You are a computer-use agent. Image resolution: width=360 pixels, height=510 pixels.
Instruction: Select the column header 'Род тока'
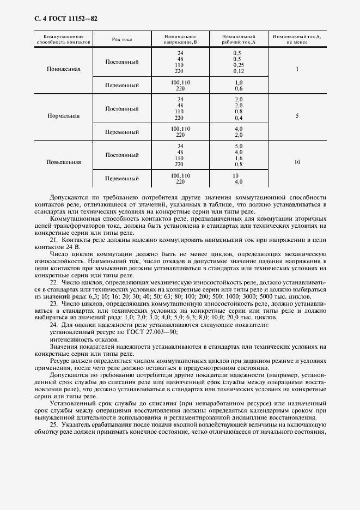click(x=122, y=39)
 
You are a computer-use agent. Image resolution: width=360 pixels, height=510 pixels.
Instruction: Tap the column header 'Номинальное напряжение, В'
click(x=180, y=39)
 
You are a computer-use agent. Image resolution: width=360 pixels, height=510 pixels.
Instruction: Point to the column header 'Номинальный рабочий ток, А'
click(x=239, y=39)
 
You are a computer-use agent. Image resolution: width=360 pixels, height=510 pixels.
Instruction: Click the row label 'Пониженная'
click(x=64, y=70)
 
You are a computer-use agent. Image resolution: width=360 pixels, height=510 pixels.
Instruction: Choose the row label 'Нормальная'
click(x=64, y=116)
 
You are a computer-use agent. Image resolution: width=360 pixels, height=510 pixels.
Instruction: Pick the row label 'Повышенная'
click(x=64, y=162)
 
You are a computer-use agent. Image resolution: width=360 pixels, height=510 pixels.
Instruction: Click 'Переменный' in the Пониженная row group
click(x=122, y=86)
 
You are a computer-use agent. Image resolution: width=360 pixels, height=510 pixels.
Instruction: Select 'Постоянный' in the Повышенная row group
click(x=122, y=155)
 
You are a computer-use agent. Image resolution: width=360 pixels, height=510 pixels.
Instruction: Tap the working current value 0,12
click(x=238, y=71)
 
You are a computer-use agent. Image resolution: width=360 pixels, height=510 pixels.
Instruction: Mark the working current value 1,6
click(x=238, y=158)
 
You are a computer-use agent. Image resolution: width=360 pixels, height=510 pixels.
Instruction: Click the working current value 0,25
click(x=238, y=65)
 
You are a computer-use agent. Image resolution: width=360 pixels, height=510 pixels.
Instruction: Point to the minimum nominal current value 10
click(x=297, y=162)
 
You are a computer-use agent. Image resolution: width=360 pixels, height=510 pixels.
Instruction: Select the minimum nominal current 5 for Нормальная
click(x=297, y=116)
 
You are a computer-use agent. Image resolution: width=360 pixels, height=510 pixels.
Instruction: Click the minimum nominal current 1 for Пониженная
click(x=297, y=70)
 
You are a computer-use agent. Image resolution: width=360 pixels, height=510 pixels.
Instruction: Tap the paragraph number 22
click(x=53, y=282)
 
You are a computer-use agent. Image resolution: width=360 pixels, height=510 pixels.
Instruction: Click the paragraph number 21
click(x=53, y=240)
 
